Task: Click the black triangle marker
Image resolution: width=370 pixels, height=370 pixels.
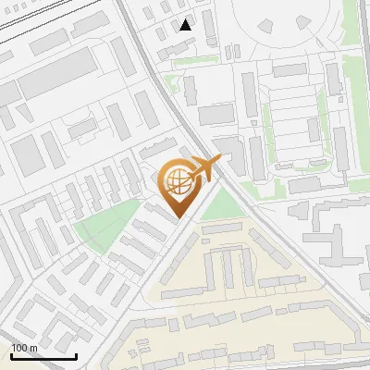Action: pos(187,25)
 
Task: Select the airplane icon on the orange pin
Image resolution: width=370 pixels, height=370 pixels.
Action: pos(204,168)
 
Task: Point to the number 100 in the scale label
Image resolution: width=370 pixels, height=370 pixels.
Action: pos(19,348)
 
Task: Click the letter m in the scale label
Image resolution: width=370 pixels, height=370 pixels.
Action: pos(33,348)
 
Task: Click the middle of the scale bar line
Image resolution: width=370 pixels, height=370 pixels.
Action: pos(43,356)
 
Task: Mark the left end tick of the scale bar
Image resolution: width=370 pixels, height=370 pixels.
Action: pos(11,354)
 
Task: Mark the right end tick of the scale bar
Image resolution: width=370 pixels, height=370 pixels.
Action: pos(76,354)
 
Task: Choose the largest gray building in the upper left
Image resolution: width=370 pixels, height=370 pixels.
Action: pos(57,74)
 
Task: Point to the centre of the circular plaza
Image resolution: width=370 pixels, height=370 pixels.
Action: pos(277,23)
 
